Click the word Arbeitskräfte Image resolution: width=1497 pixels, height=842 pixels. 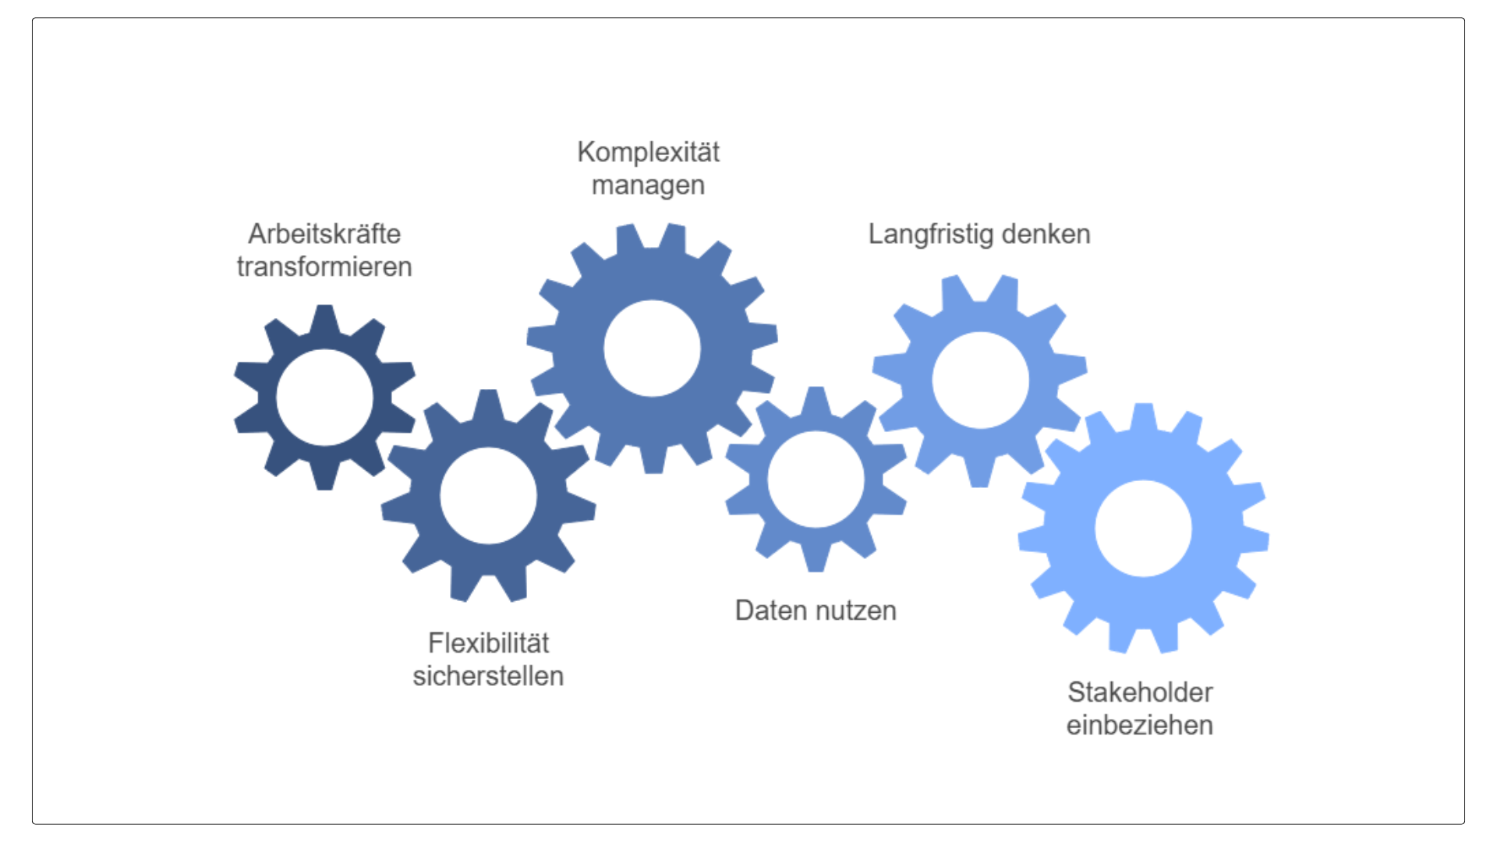tap(324, 234)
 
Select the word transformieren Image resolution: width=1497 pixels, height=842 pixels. tap(324, 267)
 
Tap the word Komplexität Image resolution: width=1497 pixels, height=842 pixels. tap(648, 152)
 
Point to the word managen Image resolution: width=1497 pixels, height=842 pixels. tap(648, 186)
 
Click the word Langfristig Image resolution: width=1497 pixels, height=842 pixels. tap(931, 234)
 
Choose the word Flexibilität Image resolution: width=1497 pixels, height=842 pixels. tap(488, 643)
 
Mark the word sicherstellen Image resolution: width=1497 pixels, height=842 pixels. tap(488, 676)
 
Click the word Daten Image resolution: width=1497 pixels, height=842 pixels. tap(770, 610)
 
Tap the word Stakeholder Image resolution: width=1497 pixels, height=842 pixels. tap(1140, 692)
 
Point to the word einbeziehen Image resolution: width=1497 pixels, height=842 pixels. tap(1140, 725)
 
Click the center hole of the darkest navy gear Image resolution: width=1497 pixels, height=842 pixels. tap(324, 398)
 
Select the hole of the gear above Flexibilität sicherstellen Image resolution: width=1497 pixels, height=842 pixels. tap(488, 496)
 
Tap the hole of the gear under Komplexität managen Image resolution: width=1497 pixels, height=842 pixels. tap(652, 348)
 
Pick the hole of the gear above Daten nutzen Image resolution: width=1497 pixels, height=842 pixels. tap(816, 479)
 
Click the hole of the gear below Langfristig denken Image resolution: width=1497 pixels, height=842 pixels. tap(980, 380)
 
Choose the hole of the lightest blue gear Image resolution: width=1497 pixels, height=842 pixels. tap(1143, 529)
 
